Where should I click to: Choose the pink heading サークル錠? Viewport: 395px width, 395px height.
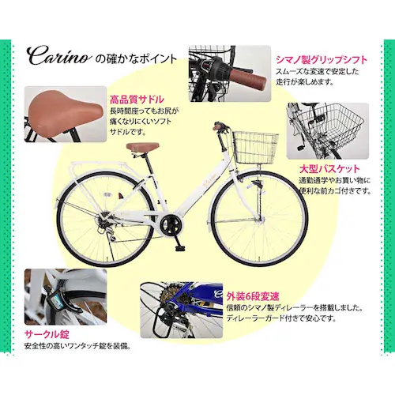point(48,332)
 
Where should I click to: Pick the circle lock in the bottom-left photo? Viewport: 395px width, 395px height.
point(60,299)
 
